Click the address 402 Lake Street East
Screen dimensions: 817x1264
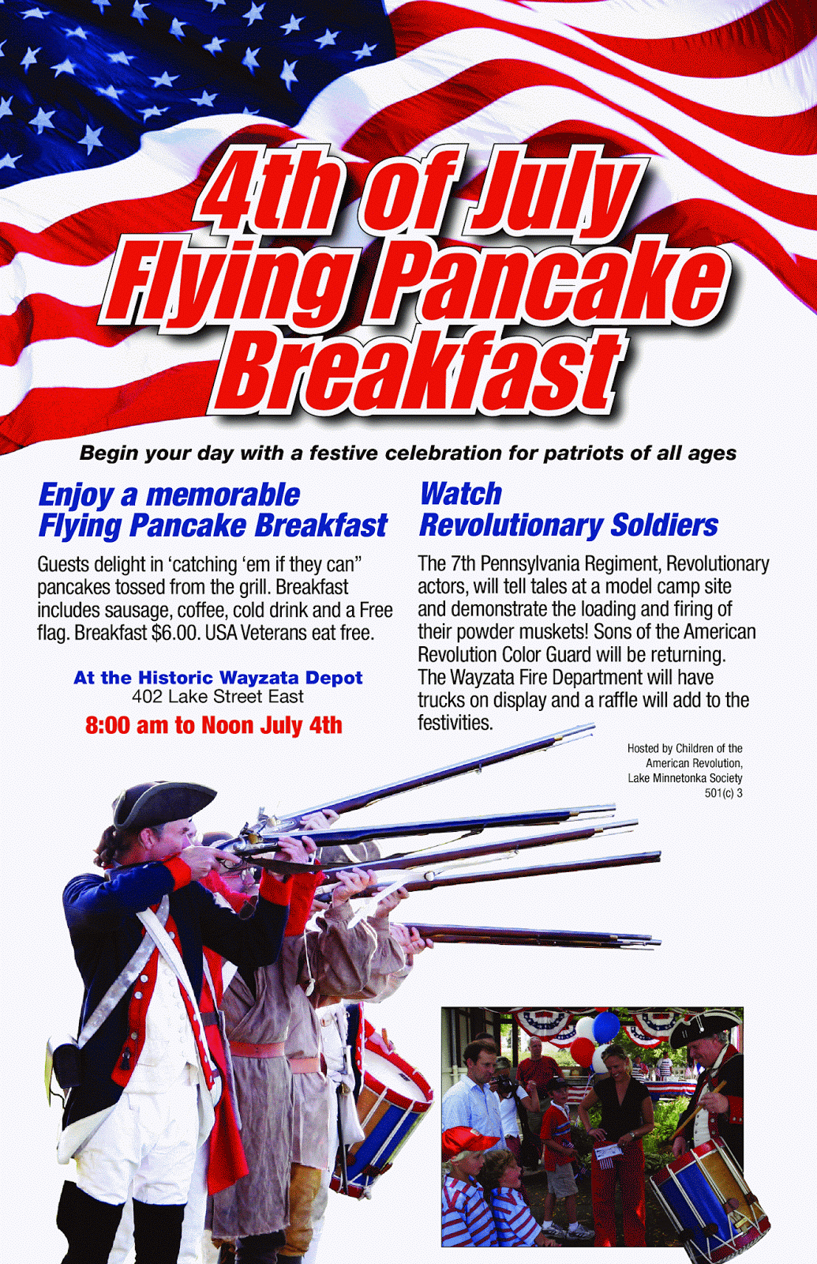point(218,697)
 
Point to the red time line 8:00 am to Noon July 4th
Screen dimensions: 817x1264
point(214,725)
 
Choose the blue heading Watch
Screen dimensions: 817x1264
point(461,494)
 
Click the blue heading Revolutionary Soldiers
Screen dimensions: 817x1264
point(568,525)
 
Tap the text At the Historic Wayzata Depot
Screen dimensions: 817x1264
point(218,677)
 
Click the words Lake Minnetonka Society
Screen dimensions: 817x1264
point(685,778)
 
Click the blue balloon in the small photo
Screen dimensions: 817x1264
point(606,1028)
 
